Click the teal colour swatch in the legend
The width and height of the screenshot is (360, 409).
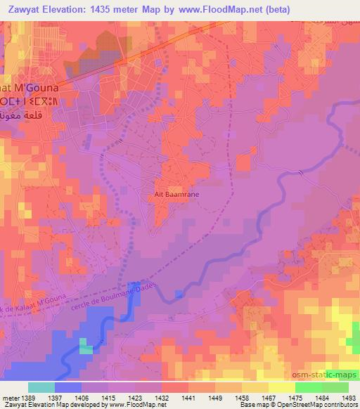[41, 387]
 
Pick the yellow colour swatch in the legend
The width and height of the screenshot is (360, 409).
[283, 387]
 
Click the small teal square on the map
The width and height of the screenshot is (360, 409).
[85, 346]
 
